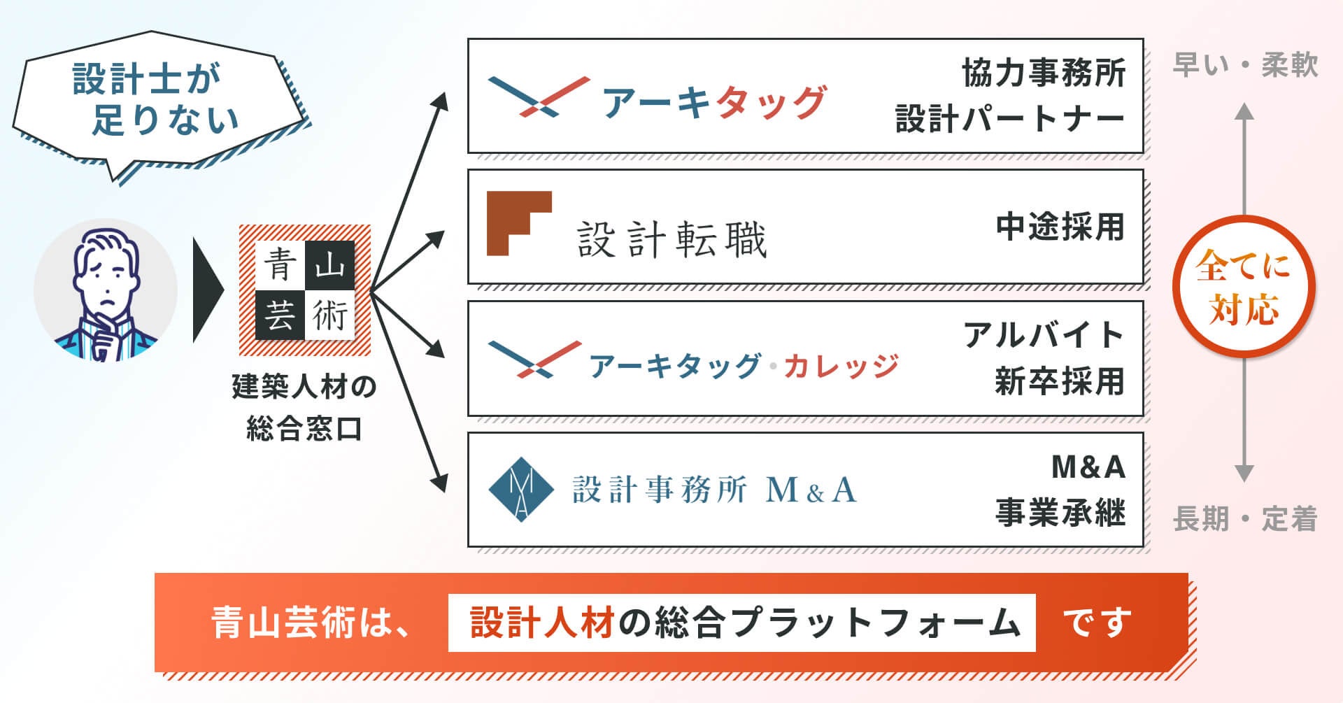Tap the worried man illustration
[x=105, y=290]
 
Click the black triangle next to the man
[x=207, y=290]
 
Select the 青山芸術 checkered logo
[x=305, y=290]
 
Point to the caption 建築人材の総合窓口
[x=304, y=407]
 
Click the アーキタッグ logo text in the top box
[x=713, y=102]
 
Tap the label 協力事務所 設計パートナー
[x=1010, y=96]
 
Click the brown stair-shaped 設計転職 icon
[x=518, y=223]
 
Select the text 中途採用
[x=1060, y=227]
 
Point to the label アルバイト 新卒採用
[x=1045, y=358]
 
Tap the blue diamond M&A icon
[x=521, y=490]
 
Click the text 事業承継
[x=1060, y=513]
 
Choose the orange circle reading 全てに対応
[x=1243, y=287]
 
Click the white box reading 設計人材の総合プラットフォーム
[x=741, y=623]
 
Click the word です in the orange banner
[x=1097, y=623]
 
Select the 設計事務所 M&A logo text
[x=714, y=490]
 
